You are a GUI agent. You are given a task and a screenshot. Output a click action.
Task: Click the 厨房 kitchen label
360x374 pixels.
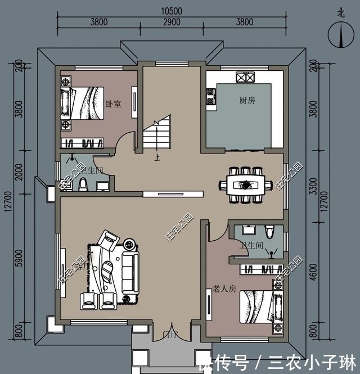(247, 100)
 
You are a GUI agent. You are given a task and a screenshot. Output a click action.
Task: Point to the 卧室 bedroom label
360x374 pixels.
(114, 104)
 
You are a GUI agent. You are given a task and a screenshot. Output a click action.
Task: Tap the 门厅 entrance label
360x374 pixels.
(170, 335)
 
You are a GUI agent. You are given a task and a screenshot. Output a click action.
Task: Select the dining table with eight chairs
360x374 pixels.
(245, 184)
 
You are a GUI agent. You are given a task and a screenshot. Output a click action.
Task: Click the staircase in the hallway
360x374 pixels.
(156, 133)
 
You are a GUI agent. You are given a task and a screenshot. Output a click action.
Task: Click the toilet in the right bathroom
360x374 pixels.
(269, 231)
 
